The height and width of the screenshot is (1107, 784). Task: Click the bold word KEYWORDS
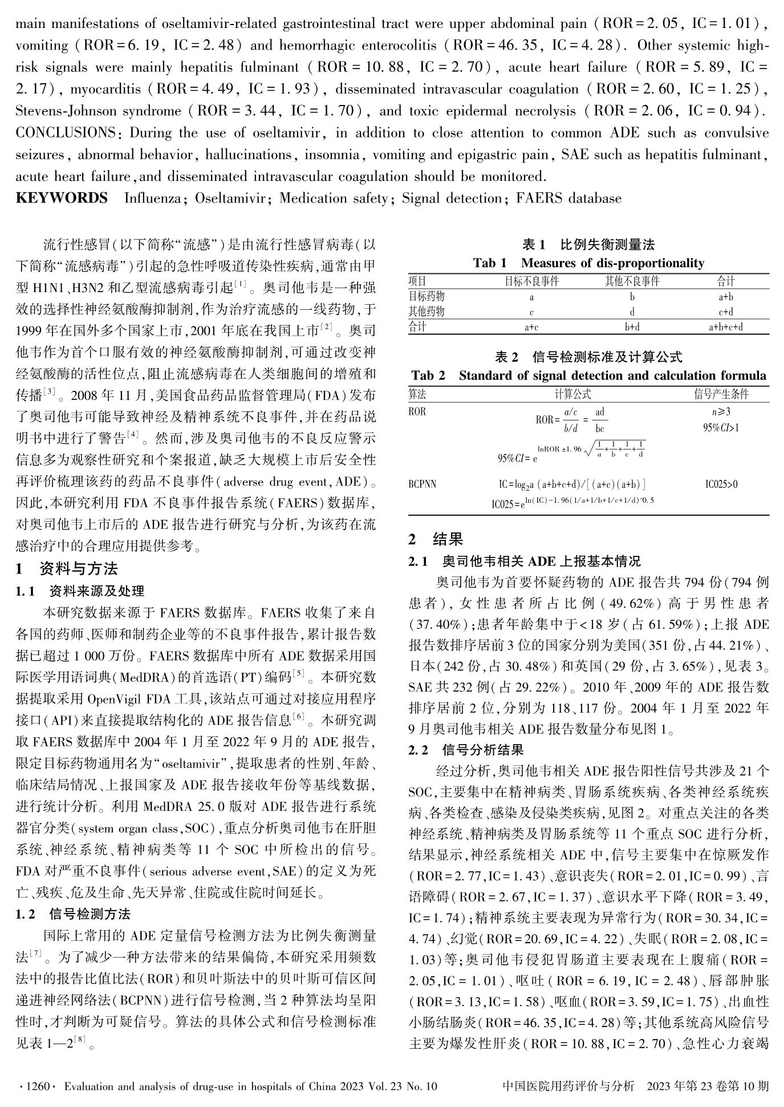point(62,198)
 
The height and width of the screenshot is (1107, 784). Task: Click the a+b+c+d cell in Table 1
point(725,328)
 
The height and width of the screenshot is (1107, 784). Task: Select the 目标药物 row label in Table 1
point(426,297)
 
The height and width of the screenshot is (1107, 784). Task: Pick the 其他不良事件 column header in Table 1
point(632,281)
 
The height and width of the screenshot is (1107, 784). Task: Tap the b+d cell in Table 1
point(632,328)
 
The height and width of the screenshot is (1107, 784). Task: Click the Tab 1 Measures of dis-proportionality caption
point(588,263)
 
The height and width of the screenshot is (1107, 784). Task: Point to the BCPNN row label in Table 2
point(423,484)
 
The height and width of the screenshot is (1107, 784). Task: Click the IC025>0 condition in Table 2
point(721,484)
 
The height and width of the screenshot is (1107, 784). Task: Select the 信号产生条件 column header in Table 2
point(721,394)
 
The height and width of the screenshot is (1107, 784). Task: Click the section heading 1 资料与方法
point(67,569)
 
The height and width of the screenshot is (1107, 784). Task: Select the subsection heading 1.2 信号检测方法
point(74,914)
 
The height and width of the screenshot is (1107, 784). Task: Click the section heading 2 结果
point(436,539)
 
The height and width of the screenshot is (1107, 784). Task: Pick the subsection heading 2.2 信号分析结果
point(466,750)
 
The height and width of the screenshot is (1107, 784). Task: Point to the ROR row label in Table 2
point(417,411)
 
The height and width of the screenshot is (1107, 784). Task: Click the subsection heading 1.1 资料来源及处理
point(80,591)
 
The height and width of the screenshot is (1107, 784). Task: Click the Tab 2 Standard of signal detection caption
point(588,375)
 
